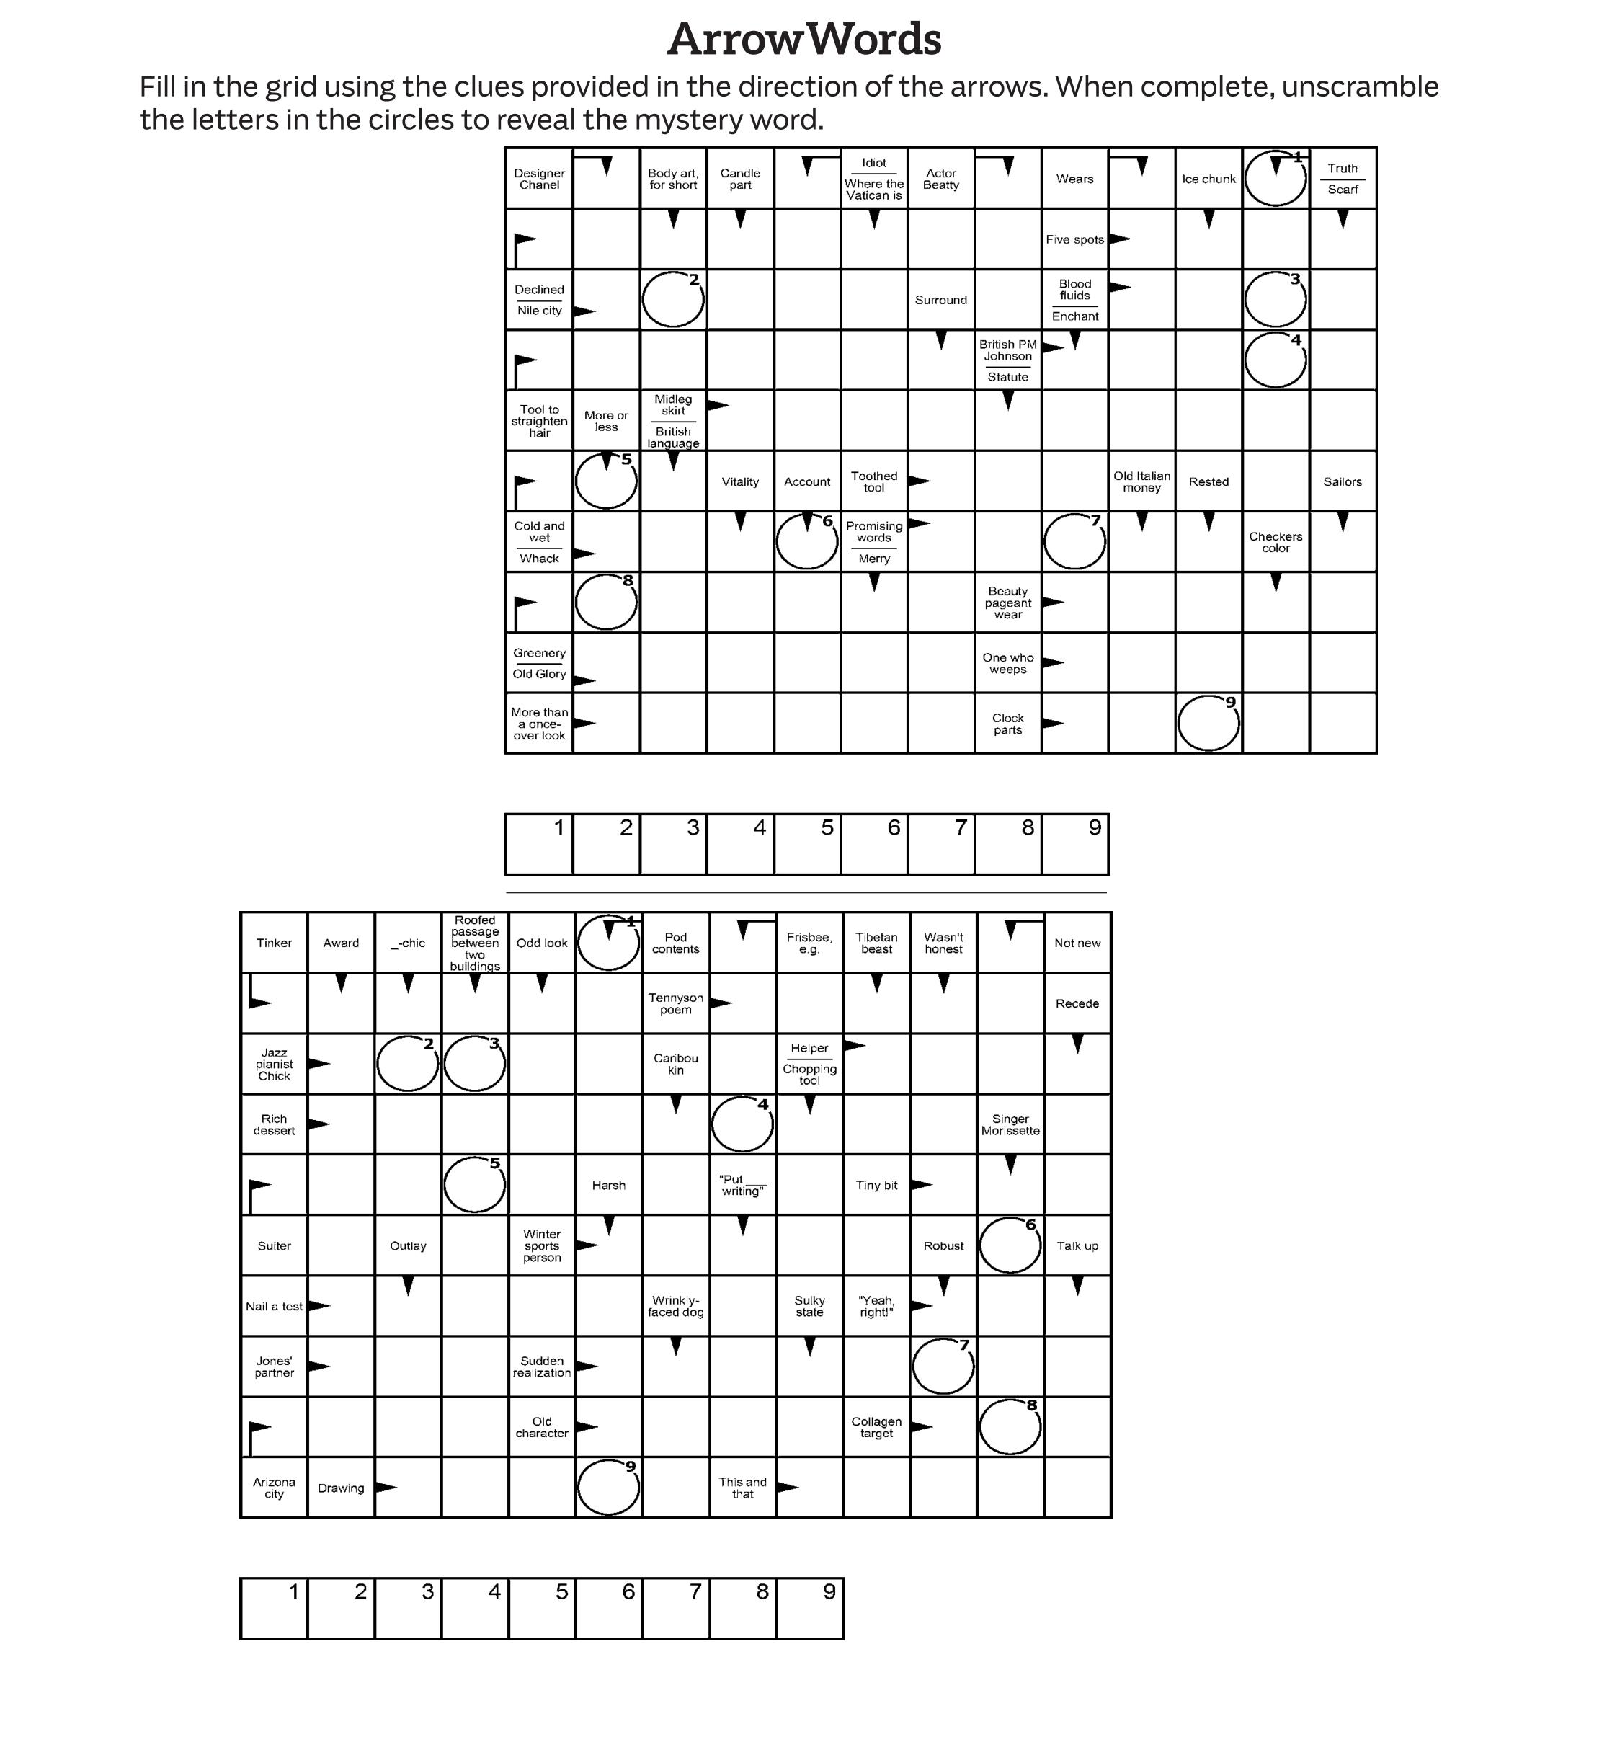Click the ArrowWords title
coord(803,39)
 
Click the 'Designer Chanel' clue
coord(539,179)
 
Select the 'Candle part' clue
coord(740,179)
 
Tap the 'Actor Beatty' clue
coord(941,179)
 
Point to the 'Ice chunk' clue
coord(1208,179)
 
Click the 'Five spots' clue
coord(1074,239)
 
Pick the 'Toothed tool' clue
coord(874,481)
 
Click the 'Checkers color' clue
coord(1276,542)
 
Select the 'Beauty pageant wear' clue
coord(1007,603)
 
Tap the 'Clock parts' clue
coord(1007,724)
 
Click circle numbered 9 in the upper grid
coord(1208,724)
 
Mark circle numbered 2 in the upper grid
coord(673,299)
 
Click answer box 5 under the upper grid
coord(807,845)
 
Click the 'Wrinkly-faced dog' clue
coord(675,1306)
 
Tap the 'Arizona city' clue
coord(275,1488)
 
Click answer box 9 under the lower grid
coord(809,1609)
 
